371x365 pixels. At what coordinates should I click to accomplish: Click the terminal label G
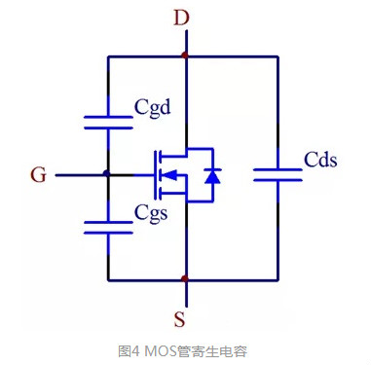[38, 175]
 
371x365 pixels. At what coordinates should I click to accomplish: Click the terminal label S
[184, 318]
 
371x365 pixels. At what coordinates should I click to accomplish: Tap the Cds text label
[318, 159]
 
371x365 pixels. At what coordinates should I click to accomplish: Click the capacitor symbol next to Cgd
[108, 122]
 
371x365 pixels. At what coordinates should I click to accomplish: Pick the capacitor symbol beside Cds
[278, 174]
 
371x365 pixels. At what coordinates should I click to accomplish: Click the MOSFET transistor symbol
[175, 175]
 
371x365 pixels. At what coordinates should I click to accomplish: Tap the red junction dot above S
[184, 280]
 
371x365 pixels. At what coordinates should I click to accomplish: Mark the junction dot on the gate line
[108, 175]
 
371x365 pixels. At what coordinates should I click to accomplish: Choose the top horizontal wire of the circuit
[234, 57]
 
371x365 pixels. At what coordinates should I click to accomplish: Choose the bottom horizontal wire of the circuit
[234, 280]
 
